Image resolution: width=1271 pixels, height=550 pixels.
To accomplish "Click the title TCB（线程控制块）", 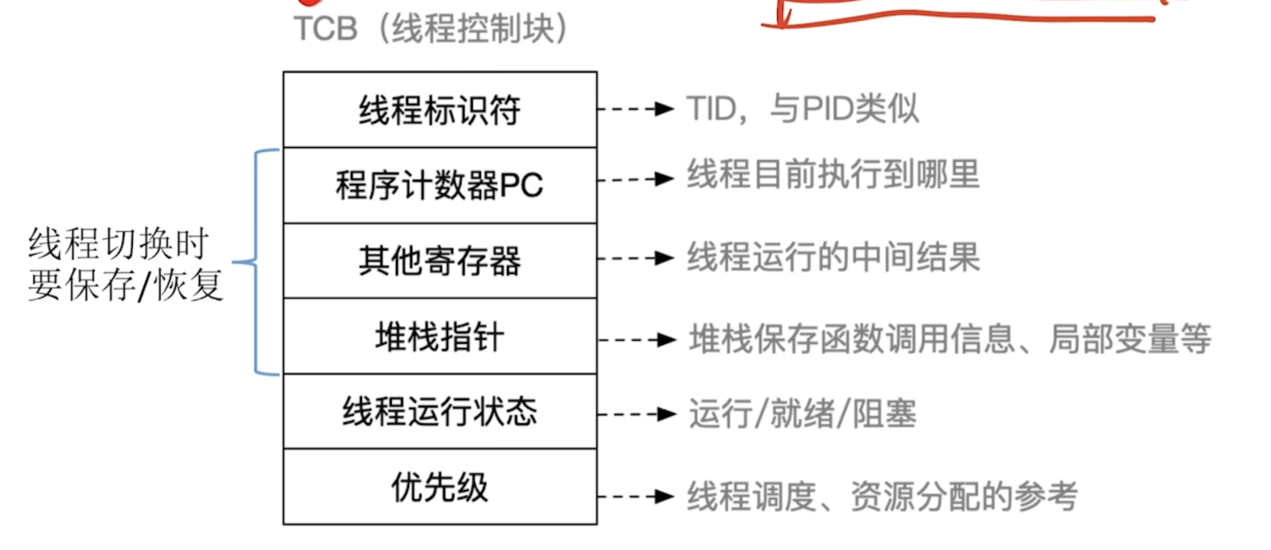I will [x=431, y=29].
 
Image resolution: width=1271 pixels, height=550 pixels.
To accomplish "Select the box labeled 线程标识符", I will [x=439, y=110].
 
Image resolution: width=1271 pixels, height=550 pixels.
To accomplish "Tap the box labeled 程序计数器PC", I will [x=439, y=185].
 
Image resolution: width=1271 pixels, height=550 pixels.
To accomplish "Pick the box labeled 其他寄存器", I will [x=439, y=261].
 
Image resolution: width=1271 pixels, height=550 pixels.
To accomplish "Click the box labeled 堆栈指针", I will [x=439, y=336].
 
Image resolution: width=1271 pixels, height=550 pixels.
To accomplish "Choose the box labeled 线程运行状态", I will [x=439, y=412].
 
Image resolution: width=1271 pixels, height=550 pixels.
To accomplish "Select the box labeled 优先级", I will [x=439, y=487].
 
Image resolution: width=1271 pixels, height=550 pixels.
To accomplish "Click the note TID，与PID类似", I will [x=802, y=108].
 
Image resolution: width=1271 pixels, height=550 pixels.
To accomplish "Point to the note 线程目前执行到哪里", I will [x=833, y=174].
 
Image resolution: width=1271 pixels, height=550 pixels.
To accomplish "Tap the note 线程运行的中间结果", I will [x=833, y=257].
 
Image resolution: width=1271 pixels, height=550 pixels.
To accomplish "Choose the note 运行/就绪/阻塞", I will [x=802, y=414].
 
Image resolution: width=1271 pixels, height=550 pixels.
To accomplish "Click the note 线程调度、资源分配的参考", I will [x=882, y=496].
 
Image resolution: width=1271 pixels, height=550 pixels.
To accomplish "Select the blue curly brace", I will [x=255, y=262].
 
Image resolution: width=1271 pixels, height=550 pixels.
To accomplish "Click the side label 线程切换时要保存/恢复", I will [x=125, y=265].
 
